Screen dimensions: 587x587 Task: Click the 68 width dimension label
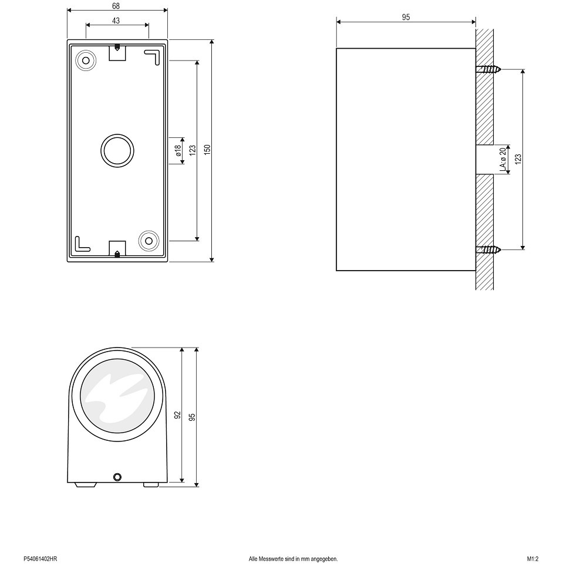[x=116, y=6]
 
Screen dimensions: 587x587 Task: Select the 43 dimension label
[x=116, y=21]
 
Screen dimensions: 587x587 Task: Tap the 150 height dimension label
[x=207, y=150]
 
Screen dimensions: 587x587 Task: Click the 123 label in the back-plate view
[x=193, y=150]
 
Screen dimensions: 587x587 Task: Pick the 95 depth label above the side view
[x=406, y=17]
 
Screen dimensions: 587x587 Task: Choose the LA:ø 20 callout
[x=503, y=160]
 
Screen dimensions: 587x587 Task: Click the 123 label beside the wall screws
[x=518, y=159]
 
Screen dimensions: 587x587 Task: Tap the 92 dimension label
[x=177, y=415]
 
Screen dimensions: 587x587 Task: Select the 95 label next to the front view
[x=192, y=417]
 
